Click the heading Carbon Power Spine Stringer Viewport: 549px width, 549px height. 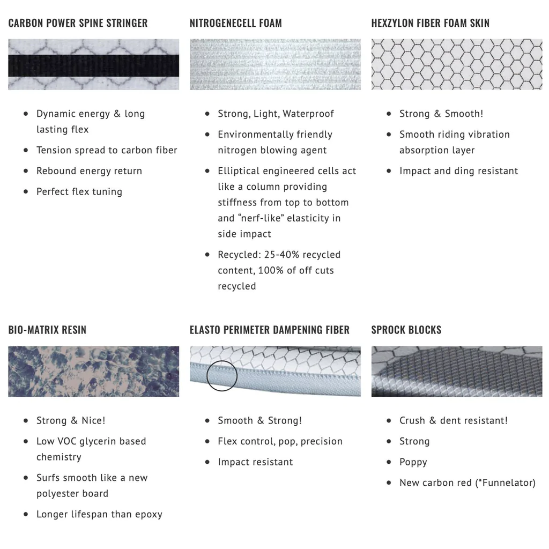coord(78,23)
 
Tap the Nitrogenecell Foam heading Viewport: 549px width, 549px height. coord(235,23)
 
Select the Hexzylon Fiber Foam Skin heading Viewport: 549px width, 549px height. coord(430,23)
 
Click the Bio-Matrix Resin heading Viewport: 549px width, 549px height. coord(47,330)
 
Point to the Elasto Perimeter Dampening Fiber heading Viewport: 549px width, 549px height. coord(269,330)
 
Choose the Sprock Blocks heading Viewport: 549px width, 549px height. coord(406,330)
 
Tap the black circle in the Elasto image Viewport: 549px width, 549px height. coord(221,375)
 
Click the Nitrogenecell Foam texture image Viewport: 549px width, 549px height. coord(275,64)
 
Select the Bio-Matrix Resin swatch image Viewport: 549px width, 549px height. coord(93,372)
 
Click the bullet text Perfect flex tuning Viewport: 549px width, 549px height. coord(79,192)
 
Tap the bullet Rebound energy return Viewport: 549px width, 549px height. coord(89,171)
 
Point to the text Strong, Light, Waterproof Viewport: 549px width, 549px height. coord(276,114)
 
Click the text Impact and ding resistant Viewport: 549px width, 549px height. coord(458,171)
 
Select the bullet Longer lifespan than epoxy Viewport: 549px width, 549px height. coord(99,514)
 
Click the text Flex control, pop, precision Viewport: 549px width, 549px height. coord(280,441)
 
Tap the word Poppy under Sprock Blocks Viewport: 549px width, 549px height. coord(413,462)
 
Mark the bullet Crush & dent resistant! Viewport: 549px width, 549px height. coord(453,420)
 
